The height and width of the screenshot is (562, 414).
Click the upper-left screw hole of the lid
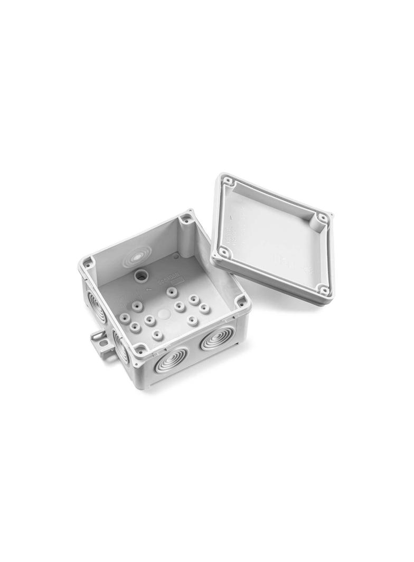[x=228, y=182]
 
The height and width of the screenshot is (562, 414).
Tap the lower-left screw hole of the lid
[x=224, y=253]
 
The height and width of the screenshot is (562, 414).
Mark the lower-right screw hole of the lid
[x=322, y=289]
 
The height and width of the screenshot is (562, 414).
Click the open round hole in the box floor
[x=141, y=275]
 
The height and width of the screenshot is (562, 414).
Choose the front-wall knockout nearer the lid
[x=217, y=338]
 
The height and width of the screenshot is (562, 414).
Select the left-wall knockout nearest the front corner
[x=120, y=348]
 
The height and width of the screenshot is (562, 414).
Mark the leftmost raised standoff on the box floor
[x=125, y=317]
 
